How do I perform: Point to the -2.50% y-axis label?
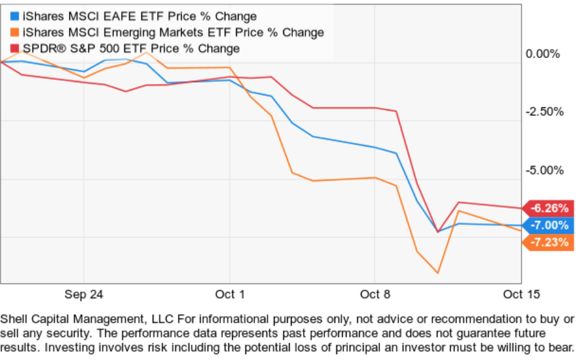point(542,112)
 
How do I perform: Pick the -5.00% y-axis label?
point(542,171)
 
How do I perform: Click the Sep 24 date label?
point(84,294)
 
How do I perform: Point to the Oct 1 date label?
point(230,294)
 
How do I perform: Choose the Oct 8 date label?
point(375,294)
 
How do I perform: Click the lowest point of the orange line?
point(437,273)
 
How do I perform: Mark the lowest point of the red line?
point(437,232)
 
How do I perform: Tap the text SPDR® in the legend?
point(39,49)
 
